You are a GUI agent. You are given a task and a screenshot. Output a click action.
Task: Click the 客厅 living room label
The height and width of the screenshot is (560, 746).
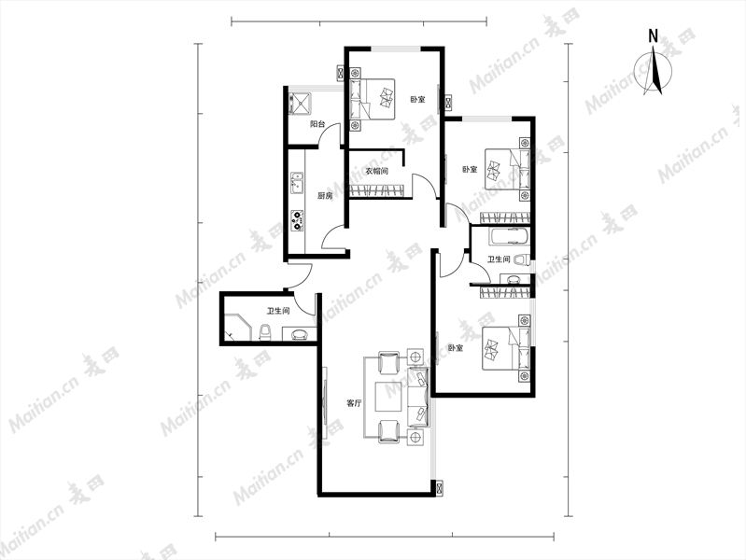pyautogui.click(x=354, y=403)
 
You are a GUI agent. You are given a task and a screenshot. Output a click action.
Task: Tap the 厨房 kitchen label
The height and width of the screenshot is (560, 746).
pyautogui.click(x=325, y=196)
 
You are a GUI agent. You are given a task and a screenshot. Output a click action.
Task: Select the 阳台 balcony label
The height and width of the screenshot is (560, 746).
pyautogui.click(x=317, y=124)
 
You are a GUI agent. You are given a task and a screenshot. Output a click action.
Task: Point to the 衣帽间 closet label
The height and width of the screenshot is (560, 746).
pyautogui.click(x=377, y=171)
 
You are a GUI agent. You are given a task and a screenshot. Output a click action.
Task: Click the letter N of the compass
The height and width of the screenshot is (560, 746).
pyautogui.click(x=654, y=36)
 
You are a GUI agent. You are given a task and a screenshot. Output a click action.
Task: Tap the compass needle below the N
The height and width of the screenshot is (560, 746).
pyautogui.click(x=655, y=70)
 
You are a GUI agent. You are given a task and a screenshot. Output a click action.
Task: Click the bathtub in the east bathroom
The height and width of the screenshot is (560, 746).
pyautogui.click(x=509, y=236)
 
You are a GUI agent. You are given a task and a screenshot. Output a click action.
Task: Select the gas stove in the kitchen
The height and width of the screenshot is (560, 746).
pyautogui.click(x=298, y=221)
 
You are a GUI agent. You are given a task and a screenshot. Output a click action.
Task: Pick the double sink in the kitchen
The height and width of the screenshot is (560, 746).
pyautogui.click(x=298, y=184)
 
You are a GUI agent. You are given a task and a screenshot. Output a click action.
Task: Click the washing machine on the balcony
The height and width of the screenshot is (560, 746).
pyautogui.click(x=300, y=103)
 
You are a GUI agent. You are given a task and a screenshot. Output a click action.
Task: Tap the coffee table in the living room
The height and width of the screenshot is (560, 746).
pyautogui.click(x=391, y=397)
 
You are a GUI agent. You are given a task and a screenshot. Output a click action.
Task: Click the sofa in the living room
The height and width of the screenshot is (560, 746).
pyautogui.click(x=418, y=397)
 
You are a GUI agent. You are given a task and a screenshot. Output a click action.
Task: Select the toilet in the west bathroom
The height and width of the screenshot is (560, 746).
pyautogui.click(x=265, y=332)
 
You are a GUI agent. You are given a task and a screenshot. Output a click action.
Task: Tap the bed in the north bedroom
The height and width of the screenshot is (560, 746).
pyautogui.click(x=373, y=99)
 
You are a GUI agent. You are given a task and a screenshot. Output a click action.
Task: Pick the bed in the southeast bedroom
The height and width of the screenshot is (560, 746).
pyautogui.click(x=506, y=348)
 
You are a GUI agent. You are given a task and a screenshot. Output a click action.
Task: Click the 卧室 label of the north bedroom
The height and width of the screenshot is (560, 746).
pyautogui.click(x=417, y=100)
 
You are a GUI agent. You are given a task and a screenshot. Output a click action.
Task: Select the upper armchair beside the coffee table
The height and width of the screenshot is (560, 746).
pyautogui.click(x=389, y=363)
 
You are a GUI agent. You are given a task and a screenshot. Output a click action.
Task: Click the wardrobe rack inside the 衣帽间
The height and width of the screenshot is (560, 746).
pyautogui.click(x=377, y=190)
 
